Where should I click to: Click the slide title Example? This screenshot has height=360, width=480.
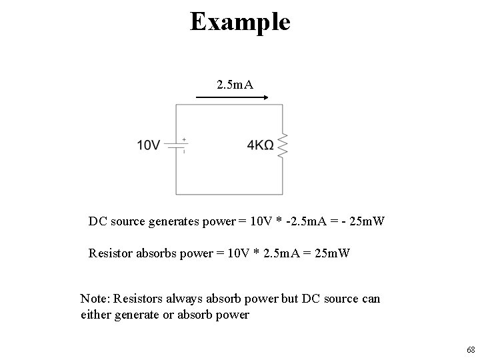[240, 21]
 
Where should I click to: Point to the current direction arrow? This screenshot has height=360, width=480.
[231, 97]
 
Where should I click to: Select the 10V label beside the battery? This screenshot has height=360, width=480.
[149, 145]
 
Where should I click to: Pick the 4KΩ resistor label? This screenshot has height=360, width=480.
[260, 145]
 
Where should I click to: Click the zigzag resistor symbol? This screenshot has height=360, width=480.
[283, 145]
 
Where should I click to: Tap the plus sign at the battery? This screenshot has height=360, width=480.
[184, 140]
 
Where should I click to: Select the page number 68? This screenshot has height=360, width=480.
[471, 349]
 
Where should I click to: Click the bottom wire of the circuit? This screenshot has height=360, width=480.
[229, 195]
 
